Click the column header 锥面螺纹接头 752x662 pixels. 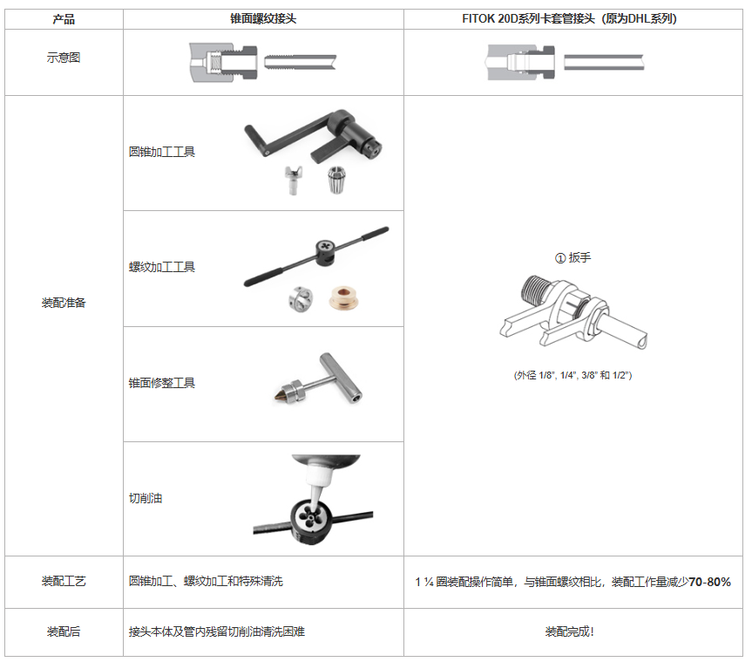point(263,18)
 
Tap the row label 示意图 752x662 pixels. point(63,58)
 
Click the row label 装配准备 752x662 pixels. point(63,304)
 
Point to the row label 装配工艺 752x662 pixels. point(63,581)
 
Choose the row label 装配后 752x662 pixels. point(63,631)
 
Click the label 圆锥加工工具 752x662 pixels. point(162,152)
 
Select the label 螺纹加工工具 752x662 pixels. point(162,267)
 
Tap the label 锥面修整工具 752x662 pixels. point(162,383)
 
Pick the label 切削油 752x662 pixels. point(146,498)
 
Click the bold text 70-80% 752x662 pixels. point(709,582)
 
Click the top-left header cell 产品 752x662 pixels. point(63,18)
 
